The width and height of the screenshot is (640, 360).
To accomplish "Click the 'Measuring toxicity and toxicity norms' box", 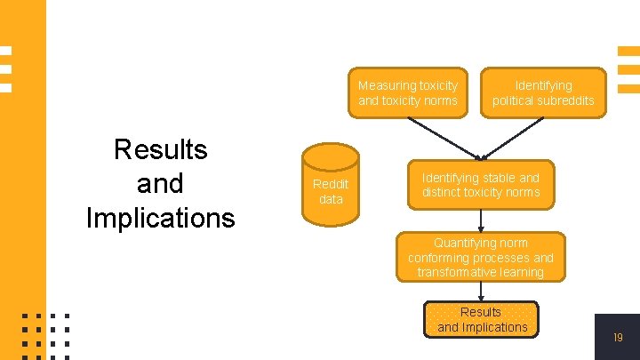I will click(x=407, y=92).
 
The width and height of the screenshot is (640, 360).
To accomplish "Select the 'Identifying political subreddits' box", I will click(x=543, y=92).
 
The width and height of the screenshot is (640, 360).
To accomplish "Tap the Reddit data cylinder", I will click(x=331, y=190).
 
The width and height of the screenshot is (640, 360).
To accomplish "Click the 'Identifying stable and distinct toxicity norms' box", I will click(x=480, y=185).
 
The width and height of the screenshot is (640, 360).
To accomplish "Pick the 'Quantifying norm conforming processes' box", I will click(x=480, y=257).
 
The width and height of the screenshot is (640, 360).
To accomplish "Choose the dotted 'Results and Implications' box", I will click(x=482, y=320).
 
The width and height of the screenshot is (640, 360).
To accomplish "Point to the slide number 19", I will click(x=618, y=338).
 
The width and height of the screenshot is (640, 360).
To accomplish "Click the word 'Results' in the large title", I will click(x=161, y=149).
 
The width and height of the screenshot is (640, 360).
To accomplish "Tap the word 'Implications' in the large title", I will click(x=161, y=217).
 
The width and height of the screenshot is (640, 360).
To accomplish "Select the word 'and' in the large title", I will click(x=161, y=183).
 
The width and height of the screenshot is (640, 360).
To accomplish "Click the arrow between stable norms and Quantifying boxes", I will click(x=480, y=220).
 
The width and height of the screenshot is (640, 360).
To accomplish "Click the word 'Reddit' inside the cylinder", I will click(x=331, y=184).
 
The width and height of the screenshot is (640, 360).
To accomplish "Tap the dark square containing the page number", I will click(x=617, y=336).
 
